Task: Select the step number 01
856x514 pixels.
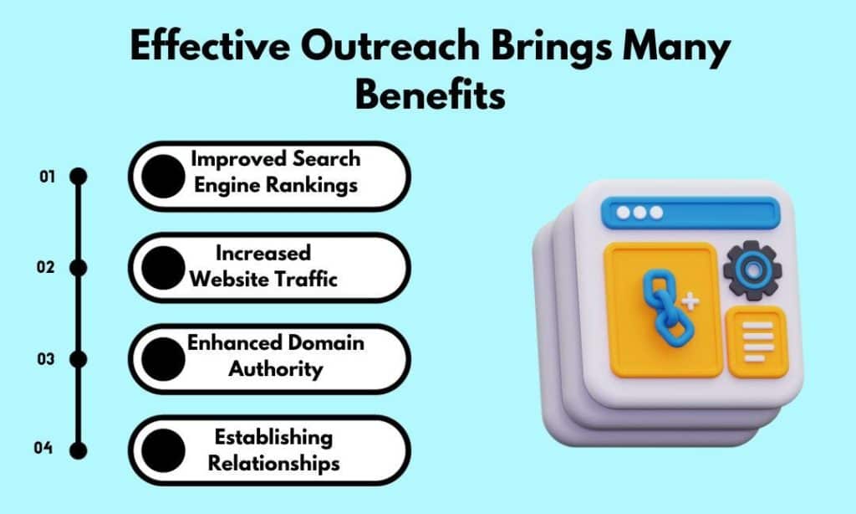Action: coord(47,177)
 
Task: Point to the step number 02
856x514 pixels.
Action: coord(47,267)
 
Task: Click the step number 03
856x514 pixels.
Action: coord(47,359)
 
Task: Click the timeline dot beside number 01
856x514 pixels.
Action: coord(79,177)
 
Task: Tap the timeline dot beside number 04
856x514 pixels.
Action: coord(79,450)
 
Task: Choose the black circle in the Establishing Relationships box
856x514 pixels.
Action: coord(163,450)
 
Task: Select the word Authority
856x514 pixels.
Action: coord(276,368)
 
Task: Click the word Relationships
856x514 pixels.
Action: coord(273,461)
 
